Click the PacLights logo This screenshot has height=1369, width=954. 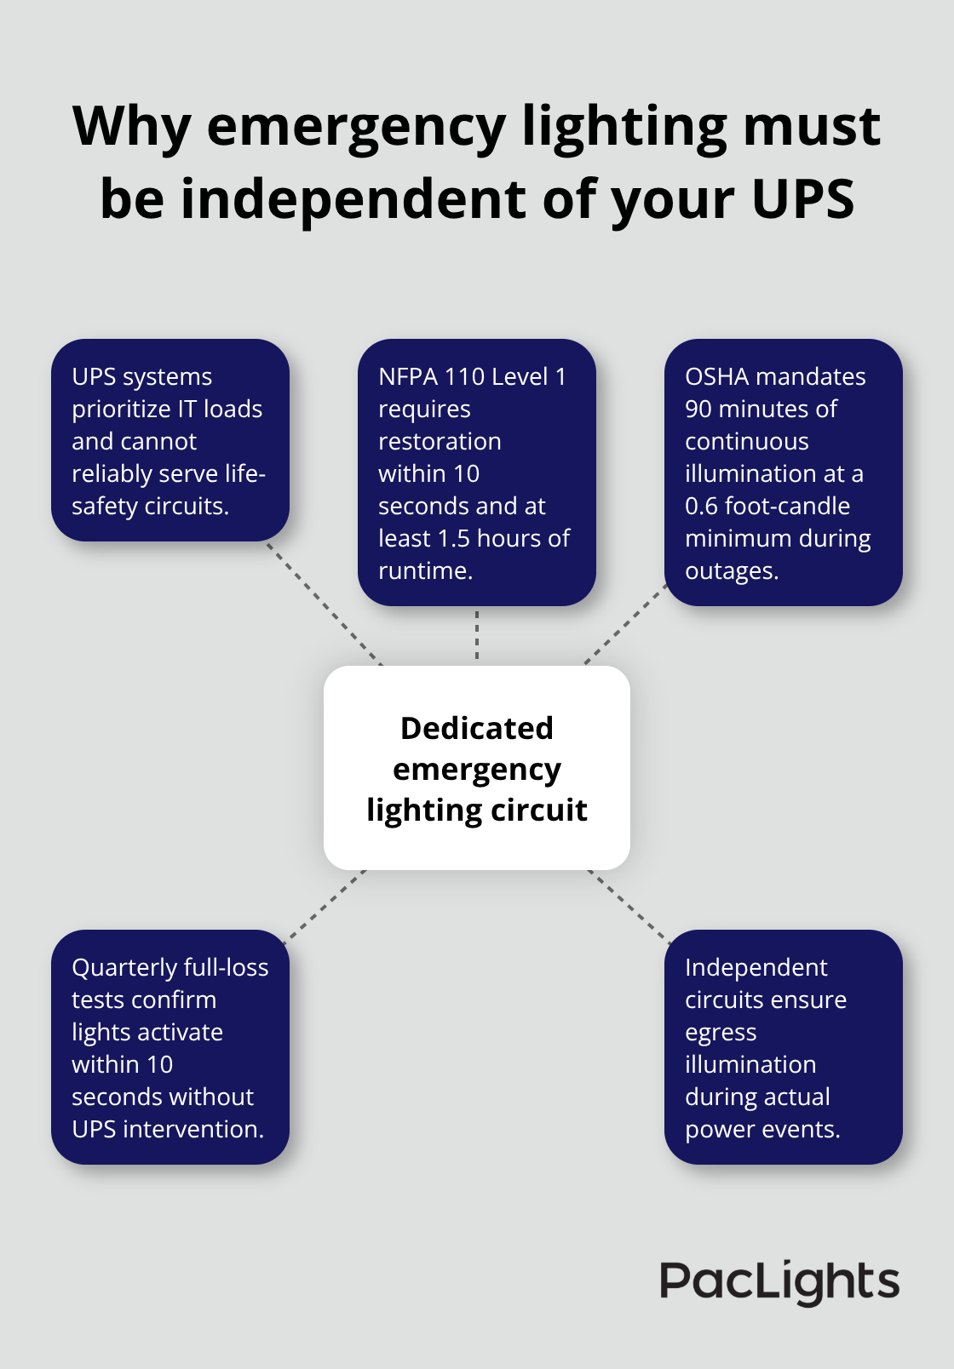click(779, 1282)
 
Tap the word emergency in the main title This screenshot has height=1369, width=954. click(356, 128)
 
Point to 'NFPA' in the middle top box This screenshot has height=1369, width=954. click(408, 376)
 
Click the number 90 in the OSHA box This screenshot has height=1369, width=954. click(698, 409)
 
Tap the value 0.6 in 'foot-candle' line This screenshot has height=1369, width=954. click(701, 506)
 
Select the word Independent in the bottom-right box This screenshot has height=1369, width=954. click(756, 967)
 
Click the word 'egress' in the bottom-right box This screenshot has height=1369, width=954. click(721, 1033)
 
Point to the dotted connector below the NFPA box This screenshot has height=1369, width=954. click(477, 635)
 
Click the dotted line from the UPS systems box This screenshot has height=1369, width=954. click(324, 603)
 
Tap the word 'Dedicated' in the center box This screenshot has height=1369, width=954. click(477, 729)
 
